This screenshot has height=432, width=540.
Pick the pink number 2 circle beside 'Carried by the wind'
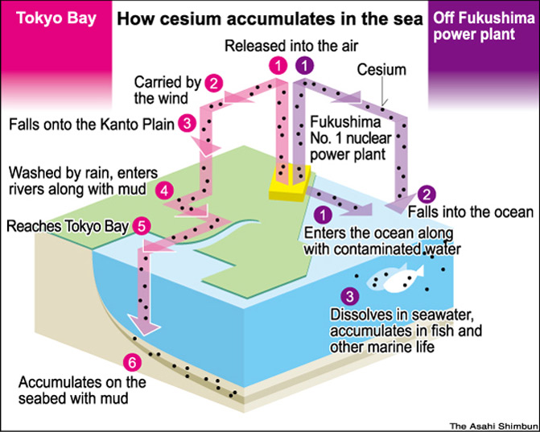pyautogui.click(x=213, y=81)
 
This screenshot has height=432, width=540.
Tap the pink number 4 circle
pyautogui.click(x=165, y=191)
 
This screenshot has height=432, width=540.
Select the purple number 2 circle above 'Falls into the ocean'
pyautogui.click(x=427, y=194)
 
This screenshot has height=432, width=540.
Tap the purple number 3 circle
pyautogui.click(x=348, y=297)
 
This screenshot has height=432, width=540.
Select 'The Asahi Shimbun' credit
pyautogui.click(x=490, y=424)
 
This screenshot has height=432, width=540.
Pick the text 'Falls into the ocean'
pyautogui.click(x=470, y=212)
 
